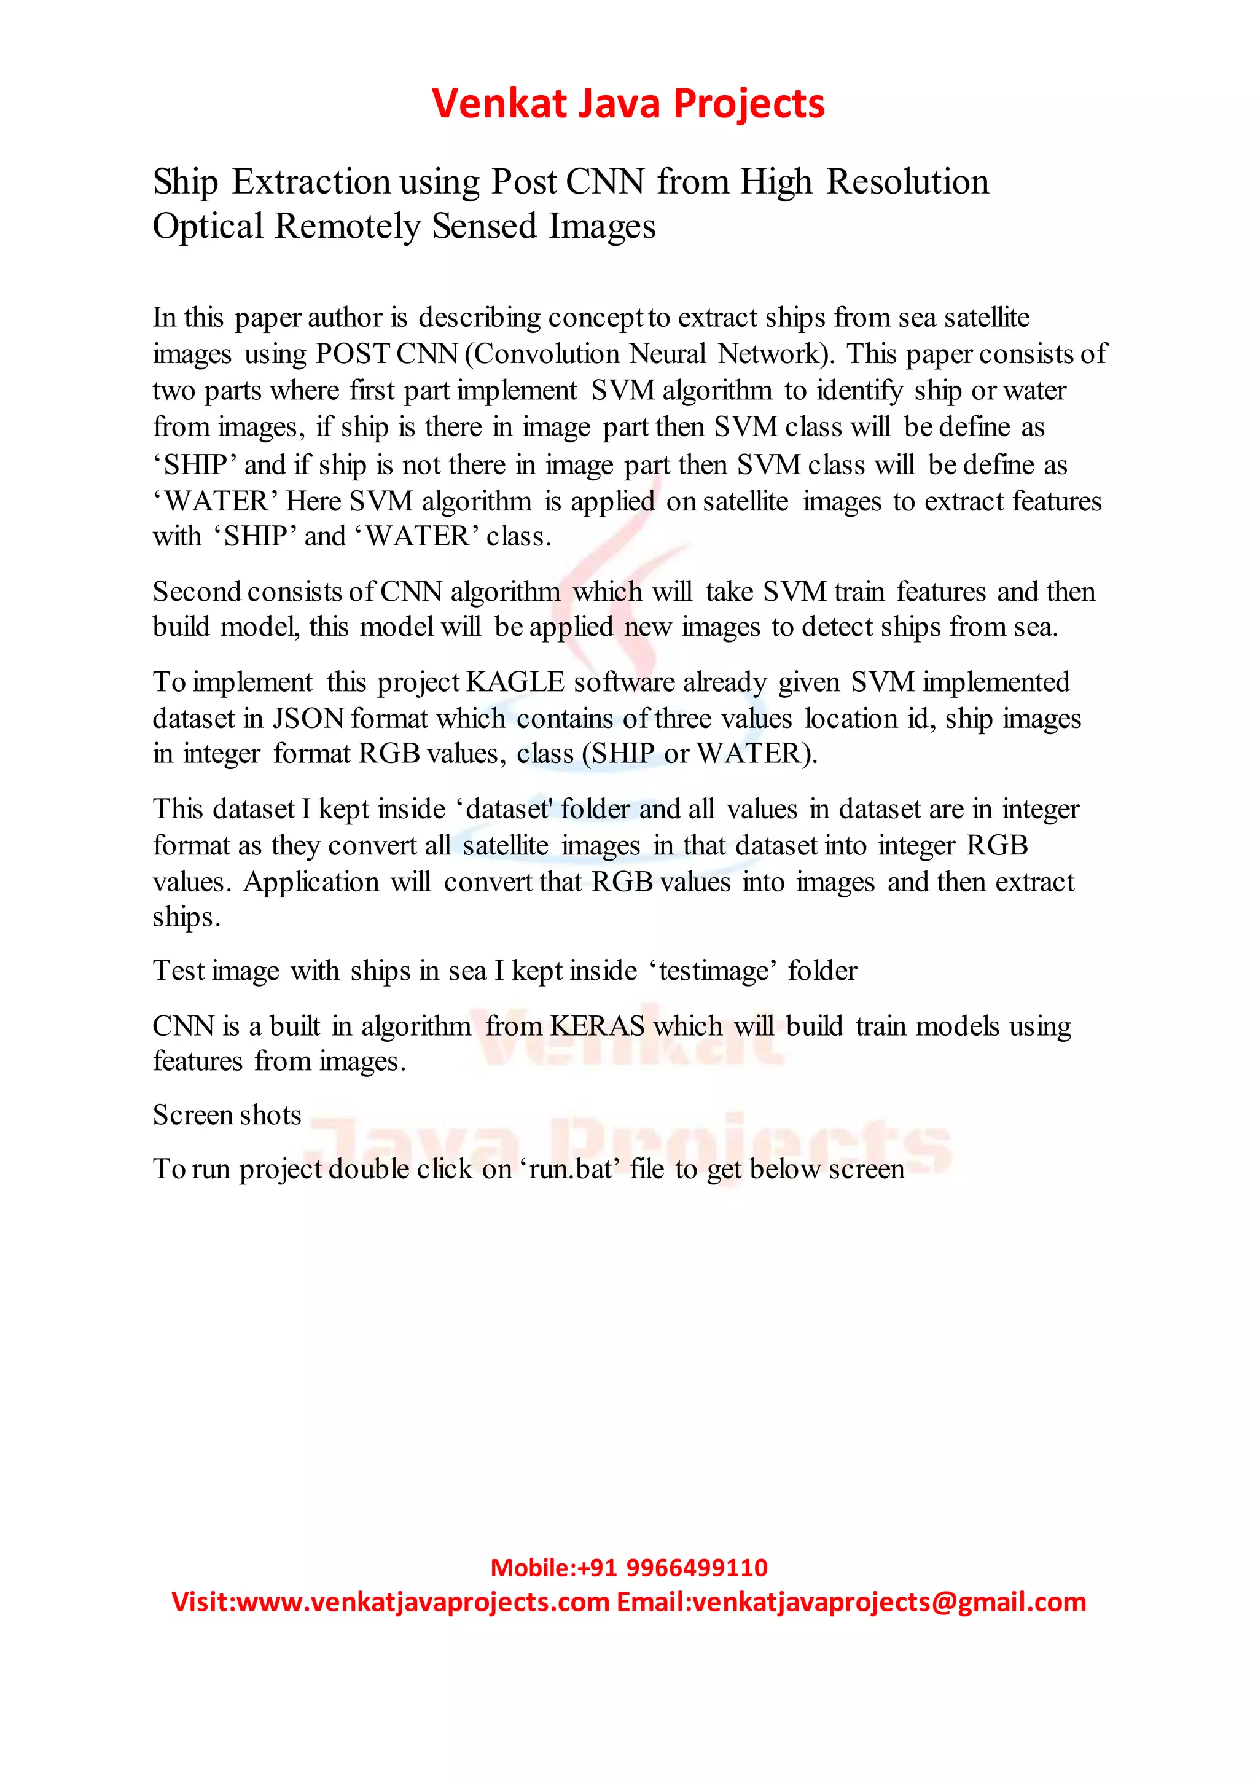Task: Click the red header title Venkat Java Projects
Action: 628,104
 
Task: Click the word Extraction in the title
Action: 311,182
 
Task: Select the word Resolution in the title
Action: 908,182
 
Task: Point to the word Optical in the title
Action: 208,227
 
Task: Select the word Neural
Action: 668,354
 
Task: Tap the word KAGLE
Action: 515,682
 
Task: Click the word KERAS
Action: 597,1026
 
